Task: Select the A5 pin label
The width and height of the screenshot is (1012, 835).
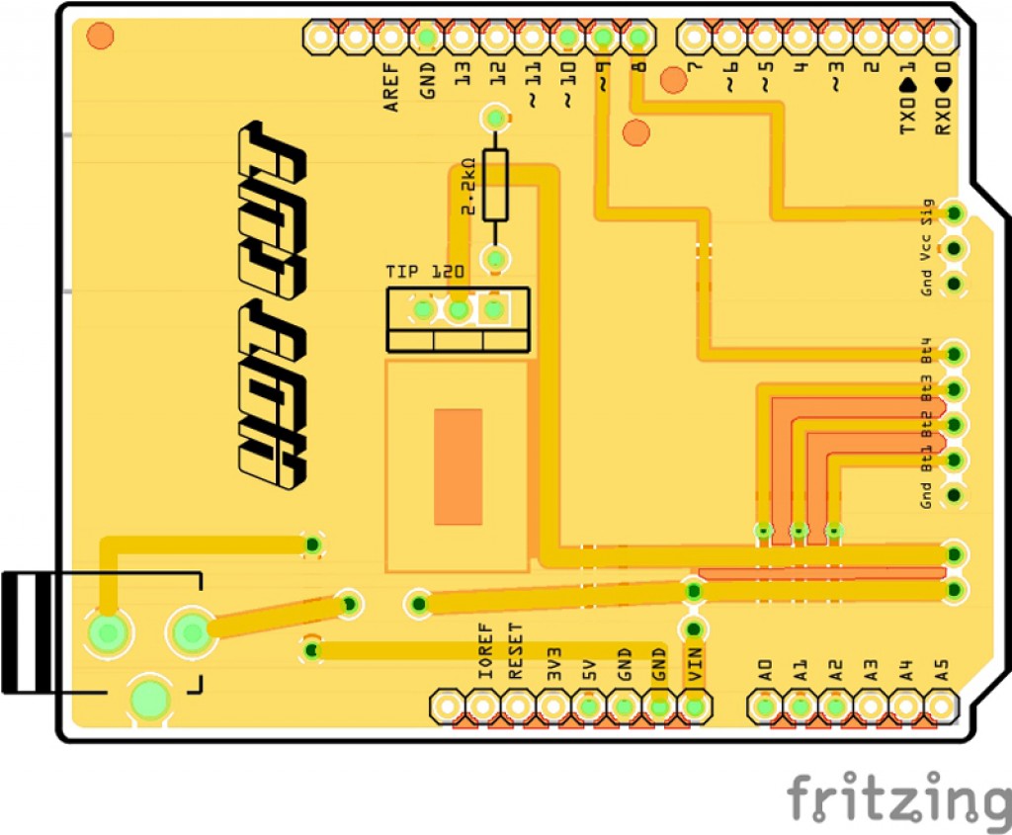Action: click(x=942, y=670)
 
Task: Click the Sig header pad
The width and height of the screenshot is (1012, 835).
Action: click(x=954, y=212)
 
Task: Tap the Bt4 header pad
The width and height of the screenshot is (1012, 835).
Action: click(x=954, y=354)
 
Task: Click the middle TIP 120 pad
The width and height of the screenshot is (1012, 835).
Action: click(x=458, y=310)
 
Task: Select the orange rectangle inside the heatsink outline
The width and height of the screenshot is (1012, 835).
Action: click(x=459, y=466)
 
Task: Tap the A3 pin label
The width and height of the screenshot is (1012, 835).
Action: click(x=871, y=670)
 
